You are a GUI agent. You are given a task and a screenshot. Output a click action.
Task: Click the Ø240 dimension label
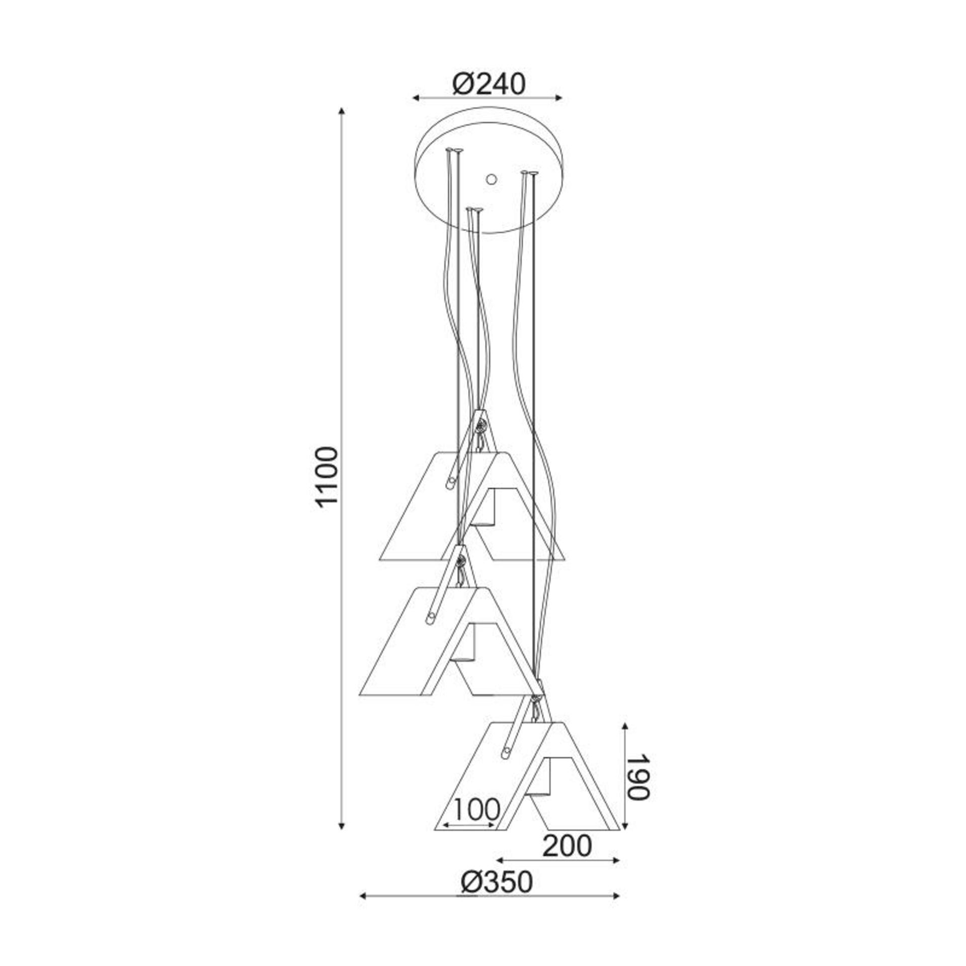489,84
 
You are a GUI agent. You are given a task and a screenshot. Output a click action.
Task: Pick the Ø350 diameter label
497,881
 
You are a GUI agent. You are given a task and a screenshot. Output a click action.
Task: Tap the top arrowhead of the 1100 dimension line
342,112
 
